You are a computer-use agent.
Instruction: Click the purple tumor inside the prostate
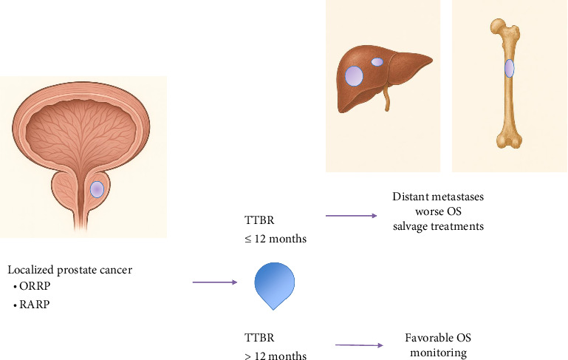97,189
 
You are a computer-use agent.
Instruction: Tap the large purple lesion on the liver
354,77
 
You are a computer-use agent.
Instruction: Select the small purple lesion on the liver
377,62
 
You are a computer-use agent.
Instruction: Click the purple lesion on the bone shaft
509,69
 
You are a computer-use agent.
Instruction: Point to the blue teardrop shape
274,284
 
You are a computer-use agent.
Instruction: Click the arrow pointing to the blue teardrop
214,282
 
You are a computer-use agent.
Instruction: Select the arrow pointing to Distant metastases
350,216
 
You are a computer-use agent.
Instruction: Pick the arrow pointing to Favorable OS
360,345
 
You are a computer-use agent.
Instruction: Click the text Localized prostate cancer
69,270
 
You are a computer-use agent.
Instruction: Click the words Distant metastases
439,197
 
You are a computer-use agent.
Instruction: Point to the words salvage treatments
439,226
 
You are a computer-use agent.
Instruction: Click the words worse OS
439,212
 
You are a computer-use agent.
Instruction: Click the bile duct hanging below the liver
386,101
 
